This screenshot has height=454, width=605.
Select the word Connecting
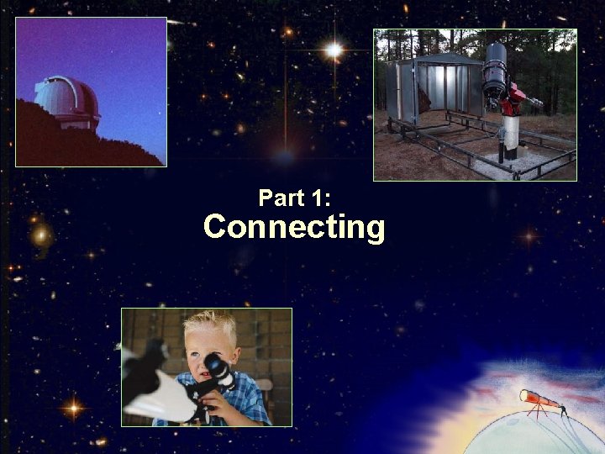[294, 227]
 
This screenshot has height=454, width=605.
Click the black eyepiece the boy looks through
[217, 367]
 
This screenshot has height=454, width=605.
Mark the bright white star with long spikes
[334, 50]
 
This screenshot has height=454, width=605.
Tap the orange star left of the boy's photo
[72, 409]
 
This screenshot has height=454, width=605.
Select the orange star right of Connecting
[528, 237]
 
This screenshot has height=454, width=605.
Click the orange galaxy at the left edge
[39, 235]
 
